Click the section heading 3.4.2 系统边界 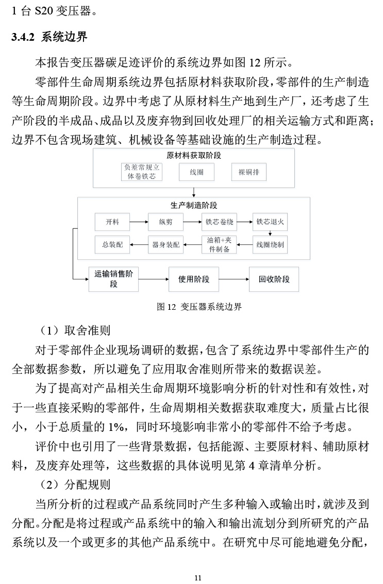tap(49, 37)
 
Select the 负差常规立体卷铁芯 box tap(141, 172)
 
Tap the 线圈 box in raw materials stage tap(194, 172)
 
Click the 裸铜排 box tap(249, 172)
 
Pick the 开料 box tap(112, 222)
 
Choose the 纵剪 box tap(165, 222)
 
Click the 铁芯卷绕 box tap(219, 222)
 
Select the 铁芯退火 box tap(271, 222)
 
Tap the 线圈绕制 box tap(271, 244)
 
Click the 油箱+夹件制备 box tap(219, 244)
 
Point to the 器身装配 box tap(165, 244)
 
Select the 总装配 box tap(112, 244)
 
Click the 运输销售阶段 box tap(113, 279)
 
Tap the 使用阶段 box tap(194, 279)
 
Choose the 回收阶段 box tap(274, 279)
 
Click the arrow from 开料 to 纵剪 tap(139, 222)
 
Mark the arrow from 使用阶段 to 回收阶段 tap(234, 279)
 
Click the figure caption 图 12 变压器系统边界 tap(198, 307)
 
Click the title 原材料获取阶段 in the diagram tap(194, 155)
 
